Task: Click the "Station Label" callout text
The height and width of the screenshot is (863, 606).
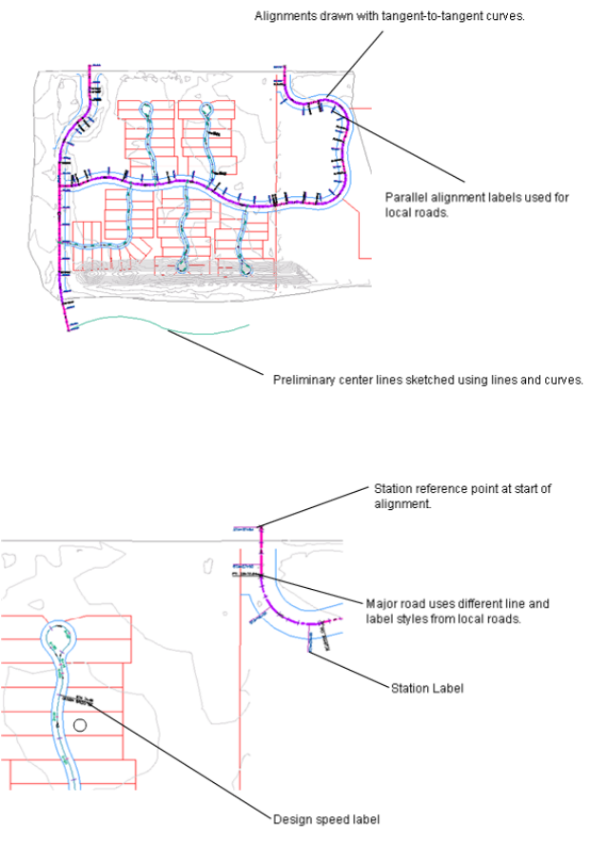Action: pos(427,688)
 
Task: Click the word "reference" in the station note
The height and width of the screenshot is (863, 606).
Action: pos(446,489)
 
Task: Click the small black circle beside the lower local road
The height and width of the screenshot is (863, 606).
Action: pos(81,725)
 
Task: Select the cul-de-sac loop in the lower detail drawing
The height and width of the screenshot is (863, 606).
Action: pos(56,635)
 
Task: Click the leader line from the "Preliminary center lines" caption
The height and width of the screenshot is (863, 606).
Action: pos(214,353)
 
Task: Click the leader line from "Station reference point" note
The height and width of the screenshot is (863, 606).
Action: pos(314,507)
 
